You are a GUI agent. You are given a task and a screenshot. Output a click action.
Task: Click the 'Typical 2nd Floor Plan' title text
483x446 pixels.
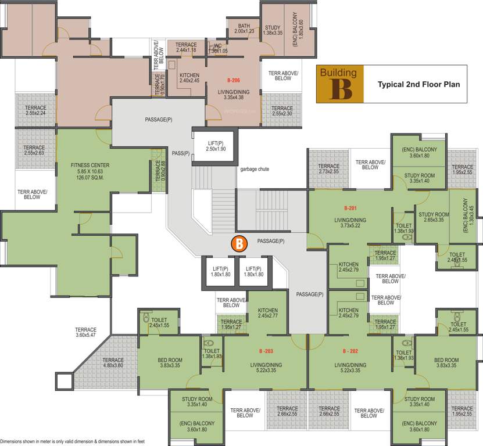[418, 84]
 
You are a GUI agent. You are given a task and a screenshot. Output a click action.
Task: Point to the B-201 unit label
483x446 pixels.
[350, 207]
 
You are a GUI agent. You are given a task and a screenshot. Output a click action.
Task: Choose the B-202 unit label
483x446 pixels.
[350, 351]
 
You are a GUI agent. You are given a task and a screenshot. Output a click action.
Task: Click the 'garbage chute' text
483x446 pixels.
[255, 170]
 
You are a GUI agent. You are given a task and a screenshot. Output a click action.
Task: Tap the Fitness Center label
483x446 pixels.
[90, 171]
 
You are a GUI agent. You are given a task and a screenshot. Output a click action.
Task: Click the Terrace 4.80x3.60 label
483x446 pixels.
[113, 363]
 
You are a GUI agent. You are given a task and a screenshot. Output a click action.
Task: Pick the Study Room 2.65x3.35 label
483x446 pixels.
[431, 217]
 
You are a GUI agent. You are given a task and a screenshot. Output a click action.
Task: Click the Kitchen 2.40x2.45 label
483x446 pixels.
[189, 78]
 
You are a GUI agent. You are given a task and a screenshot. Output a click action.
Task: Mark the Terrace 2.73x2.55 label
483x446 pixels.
[328, 169]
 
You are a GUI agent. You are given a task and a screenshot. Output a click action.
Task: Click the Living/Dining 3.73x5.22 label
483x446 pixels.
[350, 223]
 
